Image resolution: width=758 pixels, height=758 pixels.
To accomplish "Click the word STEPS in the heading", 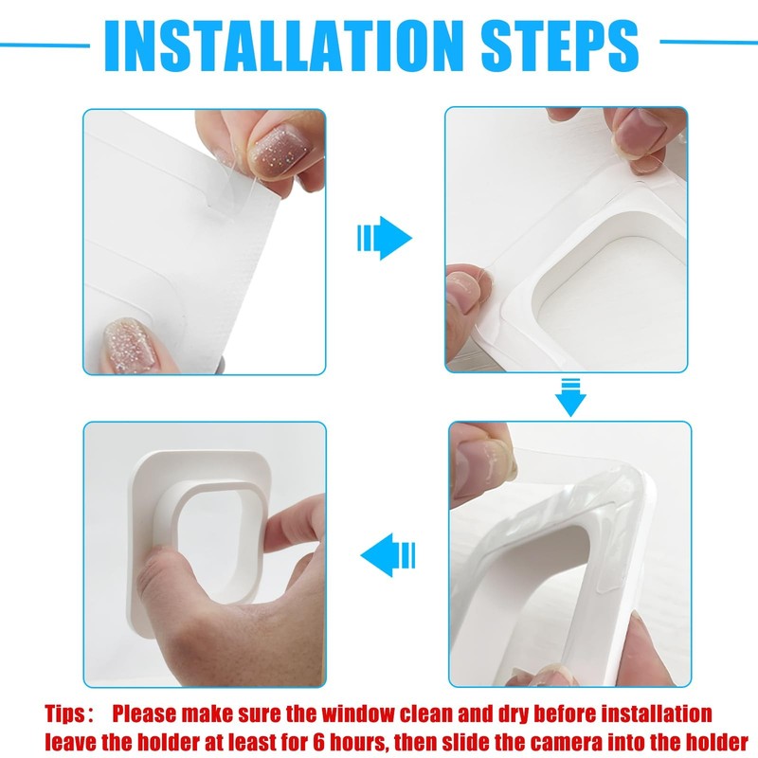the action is (x=560, y=45).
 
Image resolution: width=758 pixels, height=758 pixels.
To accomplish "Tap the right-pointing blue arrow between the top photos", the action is (x=385, y=238).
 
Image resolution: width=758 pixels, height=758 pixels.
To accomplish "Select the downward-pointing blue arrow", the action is (x=570, y=397).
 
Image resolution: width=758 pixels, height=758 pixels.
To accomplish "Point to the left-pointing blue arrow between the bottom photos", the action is (x=388, y=554).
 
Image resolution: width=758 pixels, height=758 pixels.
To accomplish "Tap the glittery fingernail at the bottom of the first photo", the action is (x=131, y=345).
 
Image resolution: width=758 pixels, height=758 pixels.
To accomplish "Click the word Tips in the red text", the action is (x=64, y=714).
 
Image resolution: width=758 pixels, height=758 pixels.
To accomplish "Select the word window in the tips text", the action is (x=357, y=714).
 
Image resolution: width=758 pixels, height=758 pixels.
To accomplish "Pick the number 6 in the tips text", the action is (x=317, y=742).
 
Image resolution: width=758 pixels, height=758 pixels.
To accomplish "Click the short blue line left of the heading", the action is (x=45, y=45).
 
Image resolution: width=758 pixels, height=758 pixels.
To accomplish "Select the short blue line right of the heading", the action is (x=709, y=42).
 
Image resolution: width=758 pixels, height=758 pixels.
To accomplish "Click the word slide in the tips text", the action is (x=468, y=742).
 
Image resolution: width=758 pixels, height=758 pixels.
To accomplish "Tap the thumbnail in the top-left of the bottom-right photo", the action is (x=483, y=465).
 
